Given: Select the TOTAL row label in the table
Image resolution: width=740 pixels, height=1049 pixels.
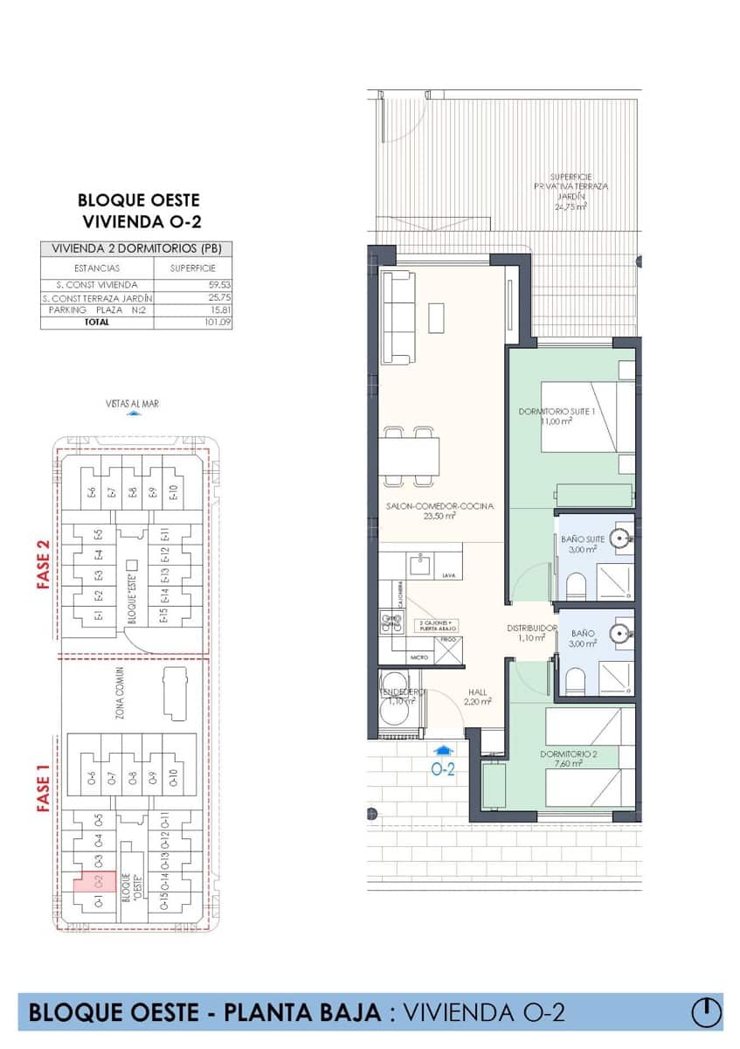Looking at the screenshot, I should coord(97,322).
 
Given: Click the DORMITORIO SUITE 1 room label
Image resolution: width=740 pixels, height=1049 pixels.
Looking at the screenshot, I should coord(557,415).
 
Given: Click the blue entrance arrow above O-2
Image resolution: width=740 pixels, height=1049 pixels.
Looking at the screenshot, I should coord(444,749).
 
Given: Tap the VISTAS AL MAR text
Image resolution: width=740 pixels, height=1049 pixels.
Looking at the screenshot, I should coord(132,403).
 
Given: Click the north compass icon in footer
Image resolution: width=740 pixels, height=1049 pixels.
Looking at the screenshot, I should coord(706,1012).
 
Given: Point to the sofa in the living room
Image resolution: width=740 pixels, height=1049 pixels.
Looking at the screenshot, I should coord(398,316).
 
